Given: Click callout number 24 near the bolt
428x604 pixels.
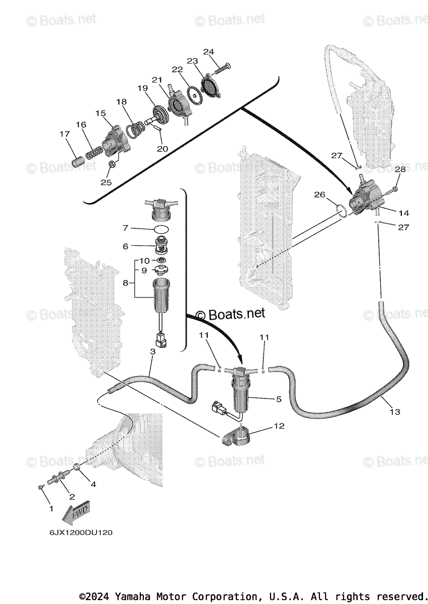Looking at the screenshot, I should click(208, 52).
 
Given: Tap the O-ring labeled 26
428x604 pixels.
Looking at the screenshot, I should click(340, 210).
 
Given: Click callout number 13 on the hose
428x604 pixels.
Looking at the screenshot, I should click(395, 412).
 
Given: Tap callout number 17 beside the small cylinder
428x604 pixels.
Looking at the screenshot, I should click(64, 134).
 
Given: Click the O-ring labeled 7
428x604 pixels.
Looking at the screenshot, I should click(161, 230).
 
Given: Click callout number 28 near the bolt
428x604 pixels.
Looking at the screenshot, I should click(400, 170).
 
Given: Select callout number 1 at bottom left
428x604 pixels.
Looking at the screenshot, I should click(50, 509).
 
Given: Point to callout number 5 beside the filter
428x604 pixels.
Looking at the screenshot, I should click(278, 399).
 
